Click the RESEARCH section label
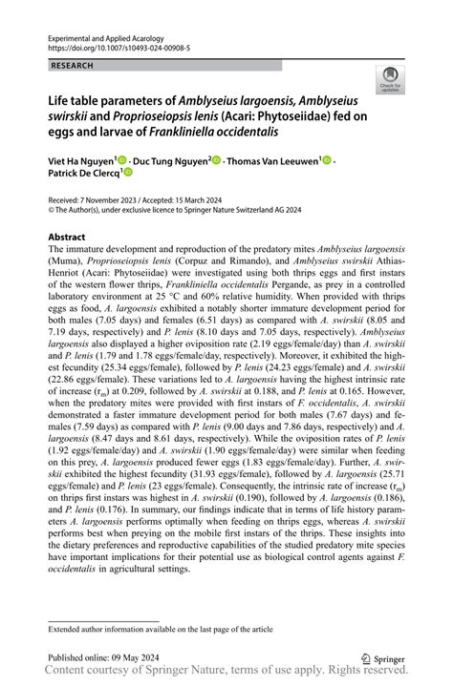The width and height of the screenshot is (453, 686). coord(74,66)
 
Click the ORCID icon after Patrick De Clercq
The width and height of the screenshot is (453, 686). coord(128,174)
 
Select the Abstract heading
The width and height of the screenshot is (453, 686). coord(67,236)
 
